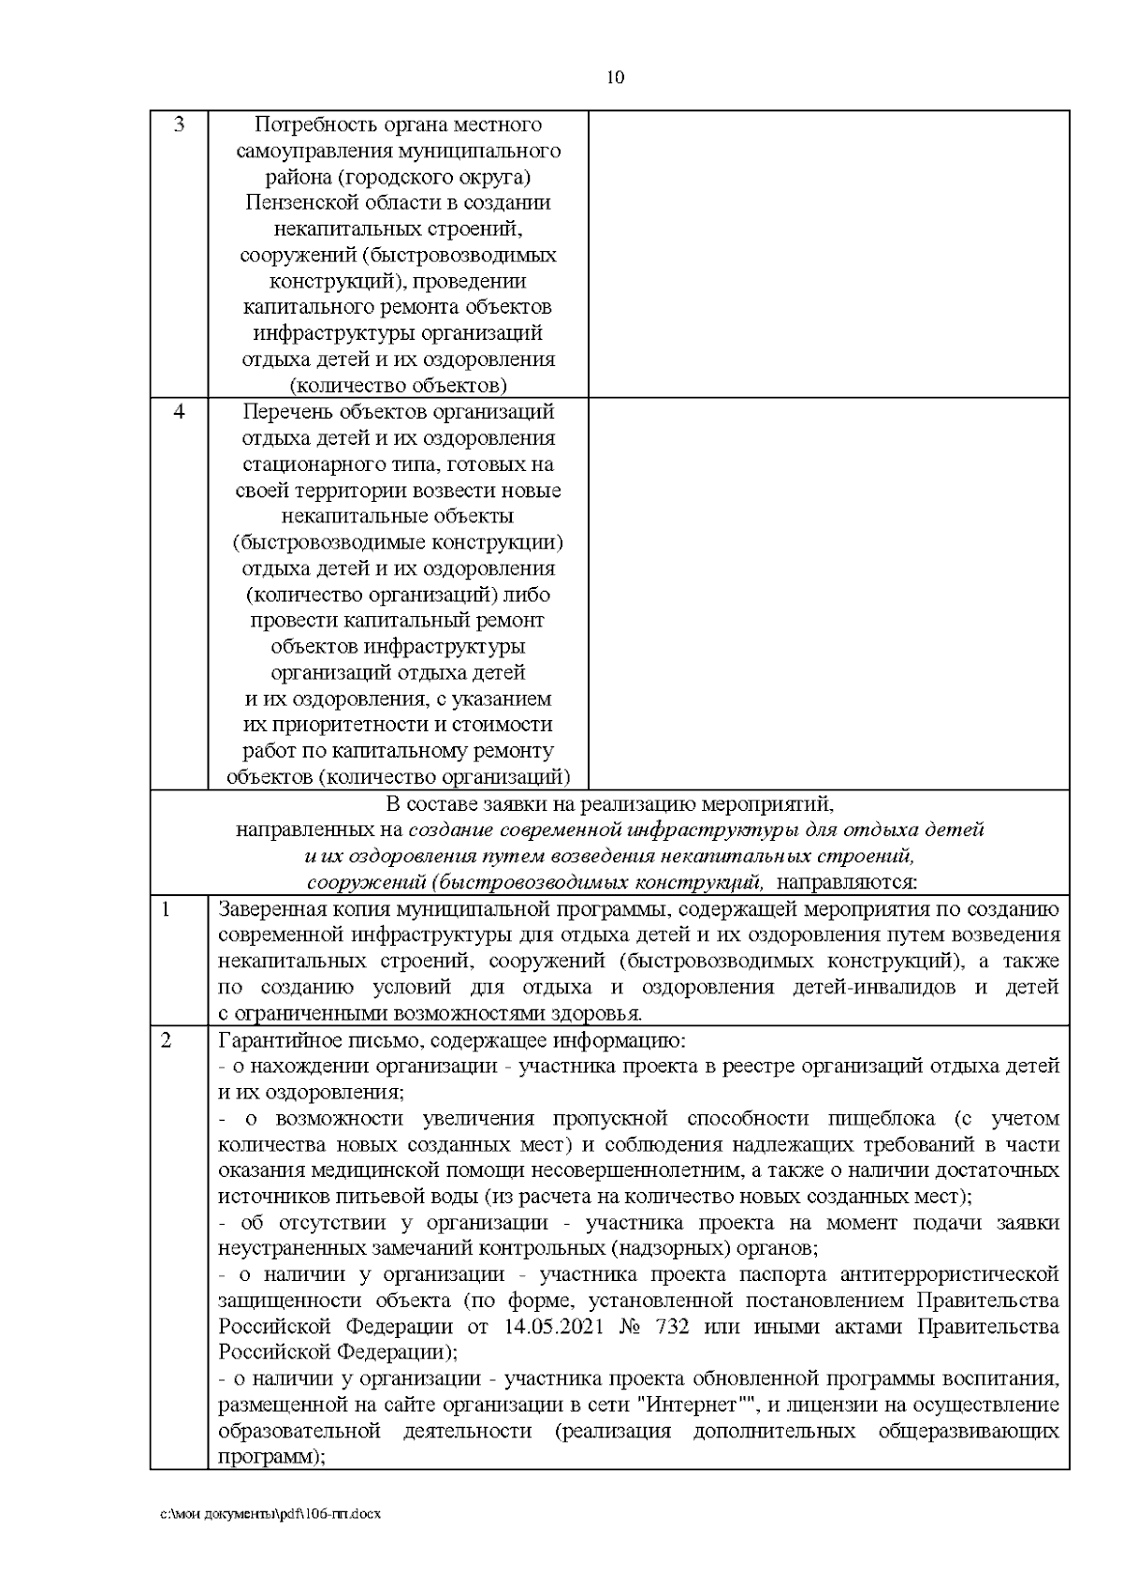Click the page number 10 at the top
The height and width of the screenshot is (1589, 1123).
616,78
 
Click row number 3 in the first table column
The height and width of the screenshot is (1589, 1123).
179,125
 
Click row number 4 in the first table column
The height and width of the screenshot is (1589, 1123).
179,411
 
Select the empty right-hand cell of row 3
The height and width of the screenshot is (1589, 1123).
828,254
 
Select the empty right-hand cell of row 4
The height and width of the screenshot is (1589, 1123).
828,594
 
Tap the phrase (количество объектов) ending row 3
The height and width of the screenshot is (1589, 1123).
398,385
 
